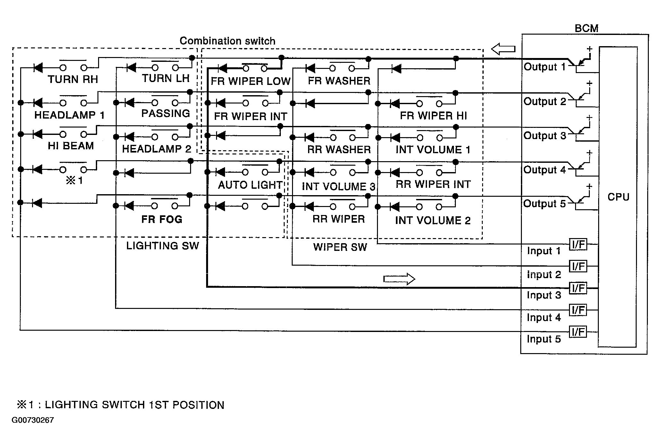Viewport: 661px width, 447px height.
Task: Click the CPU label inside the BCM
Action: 618,197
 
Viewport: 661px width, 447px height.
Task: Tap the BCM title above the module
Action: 586,29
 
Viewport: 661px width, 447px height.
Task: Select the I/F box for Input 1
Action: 578,244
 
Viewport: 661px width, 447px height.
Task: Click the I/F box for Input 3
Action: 578,288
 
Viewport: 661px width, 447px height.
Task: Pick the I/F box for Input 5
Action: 578,332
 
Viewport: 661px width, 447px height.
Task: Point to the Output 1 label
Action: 545,67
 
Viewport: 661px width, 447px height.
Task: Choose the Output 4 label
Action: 545,170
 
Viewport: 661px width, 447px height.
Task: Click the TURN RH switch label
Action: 73,79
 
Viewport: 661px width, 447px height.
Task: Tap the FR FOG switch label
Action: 162,219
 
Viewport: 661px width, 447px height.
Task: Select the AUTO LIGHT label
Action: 250,185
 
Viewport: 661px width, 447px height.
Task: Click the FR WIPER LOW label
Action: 250,81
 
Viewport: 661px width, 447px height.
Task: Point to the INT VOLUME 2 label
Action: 433,220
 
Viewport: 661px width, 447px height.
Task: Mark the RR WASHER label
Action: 339,150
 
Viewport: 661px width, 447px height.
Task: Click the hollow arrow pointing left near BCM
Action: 503,49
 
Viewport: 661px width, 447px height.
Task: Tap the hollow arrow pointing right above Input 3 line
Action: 399,279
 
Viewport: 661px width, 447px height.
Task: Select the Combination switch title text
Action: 227,41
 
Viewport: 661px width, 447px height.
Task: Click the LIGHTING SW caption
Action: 163,246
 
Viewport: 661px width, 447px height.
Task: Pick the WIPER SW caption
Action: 340,247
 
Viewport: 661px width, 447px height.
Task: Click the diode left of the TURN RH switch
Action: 38,68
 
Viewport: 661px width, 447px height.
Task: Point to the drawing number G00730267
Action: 33,420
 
